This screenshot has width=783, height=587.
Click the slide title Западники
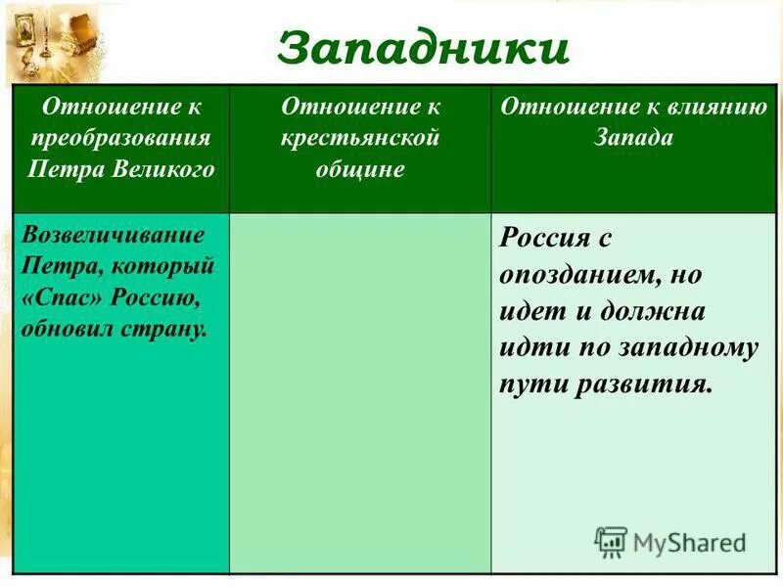423,47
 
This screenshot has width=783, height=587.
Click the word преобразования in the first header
121,137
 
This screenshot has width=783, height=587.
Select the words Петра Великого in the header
121,168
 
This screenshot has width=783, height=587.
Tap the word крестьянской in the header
360,137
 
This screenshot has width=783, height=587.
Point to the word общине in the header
360,168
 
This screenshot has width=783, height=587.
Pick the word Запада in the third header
633,137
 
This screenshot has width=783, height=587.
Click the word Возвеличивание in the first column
114,235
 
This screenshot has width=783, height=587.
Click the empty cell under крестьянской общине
360,391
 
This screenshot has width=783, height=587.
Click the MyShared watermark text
689,541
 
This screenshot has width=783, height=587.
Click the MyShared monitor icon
612,541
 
